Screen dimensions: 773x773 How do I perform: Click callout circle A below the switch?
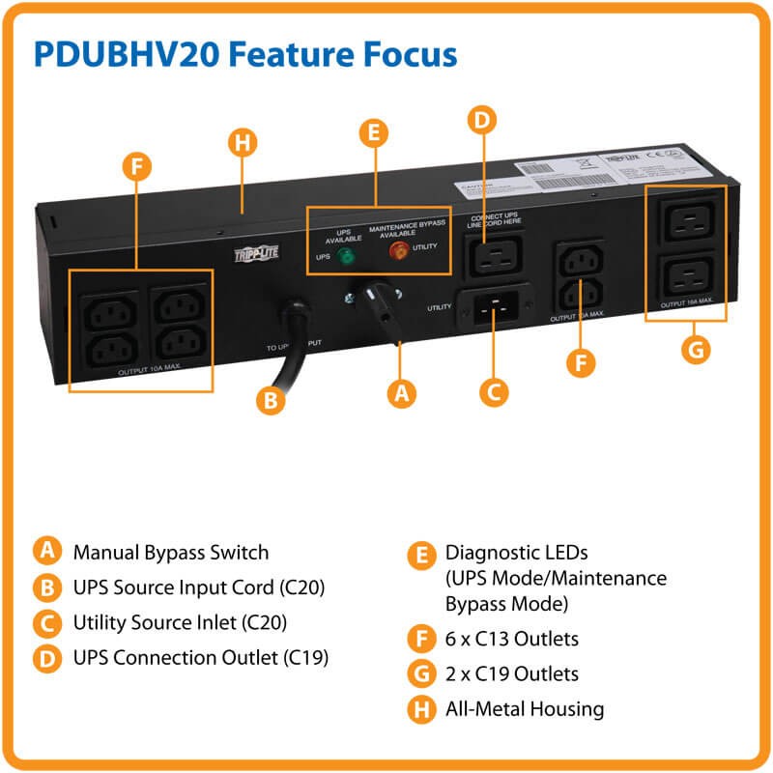point(401,393)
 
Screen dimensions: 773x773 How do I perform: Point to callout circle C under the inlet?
point(494,391)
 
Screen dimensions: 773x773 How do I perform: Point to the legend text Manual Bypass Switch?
point(170,553)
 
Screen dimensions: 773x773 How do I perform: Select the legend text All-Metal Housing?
point(524,708)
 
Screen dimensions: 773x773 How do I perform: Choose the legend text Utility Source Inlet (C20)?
point(180,622)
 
